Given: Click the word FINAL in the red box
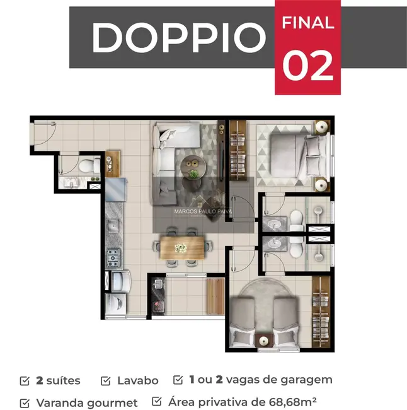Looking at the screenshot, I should click(307, 24).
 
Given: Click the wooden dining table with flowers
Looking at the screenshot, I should click(182, 247).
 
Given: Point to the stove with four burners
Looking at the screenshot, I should click(113, 256).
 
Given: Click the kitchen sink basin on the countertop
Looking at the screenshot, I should click(113, 225).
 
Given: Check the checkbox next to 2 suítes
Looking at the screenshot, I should click(25, 380).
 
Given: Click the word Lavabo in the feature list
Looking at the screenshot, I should click(137, 380).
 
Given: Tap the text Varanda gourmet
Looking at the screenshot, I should click(87, 402).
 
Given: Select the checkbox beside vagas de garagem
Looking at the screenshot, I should click(178, 380).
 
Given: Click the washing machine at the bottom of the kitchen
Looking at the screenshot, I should click(117, 304).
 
